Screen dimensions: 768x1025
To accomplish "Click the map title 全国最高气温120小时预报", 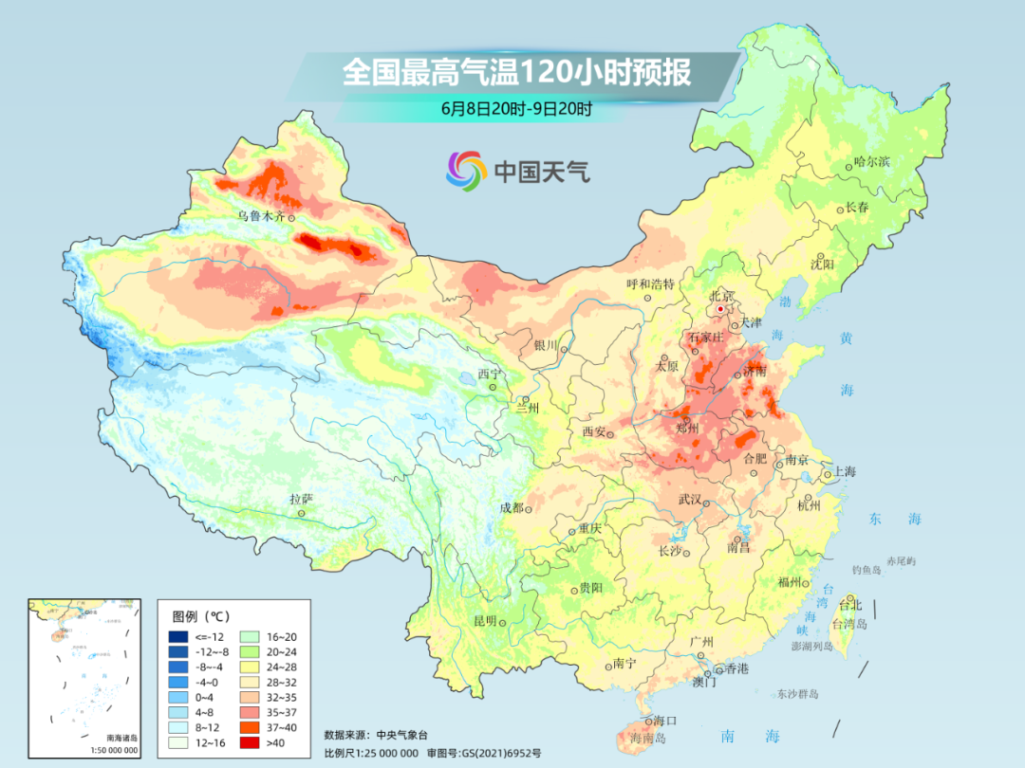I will coord(516,73).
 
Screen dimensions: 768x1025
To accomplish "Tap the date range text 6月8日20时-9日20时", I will coord(516,108).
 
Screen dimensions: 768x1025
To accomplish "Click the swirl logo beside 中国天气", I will coord(466,171).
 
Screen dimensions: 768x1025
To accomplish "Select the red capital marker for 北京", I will coord(720,309).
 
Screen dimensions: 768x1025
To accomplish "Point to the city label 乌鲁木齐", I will coord(261,216).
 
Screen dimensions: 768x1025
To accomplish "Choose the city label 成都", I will coord(511,507).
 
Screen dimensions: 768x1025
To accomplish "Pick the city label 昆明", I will coord(485,621).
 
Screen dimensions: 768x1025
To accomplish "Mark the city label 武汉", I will coord(690,500).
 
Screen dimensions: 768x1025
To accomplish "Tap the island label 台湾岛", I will coord(849,625).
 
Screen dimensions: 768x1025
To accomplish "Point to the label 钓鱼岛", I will coord(867,569).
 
